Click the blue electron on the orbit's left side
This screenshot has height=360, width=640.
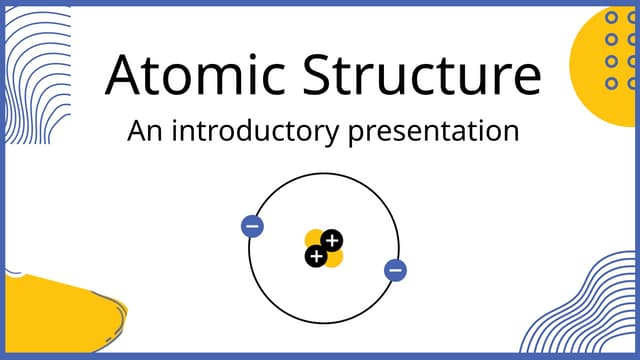tap(253, 226)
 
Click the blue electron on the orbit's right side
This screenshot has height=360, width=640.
tap(396, 269)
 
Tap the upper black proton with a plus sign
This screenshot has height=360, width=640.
tap(332, 240)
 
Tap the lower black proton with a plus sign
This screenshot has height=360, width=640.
tap(316, 257)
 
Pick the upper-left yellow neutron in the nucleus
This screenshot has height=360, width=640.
tap(314, 239)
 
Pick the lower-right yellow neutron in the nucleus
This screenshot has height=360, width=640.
tap(334, 258)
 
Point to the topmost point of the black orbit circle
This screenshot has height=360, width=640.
tap(324, 173)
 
